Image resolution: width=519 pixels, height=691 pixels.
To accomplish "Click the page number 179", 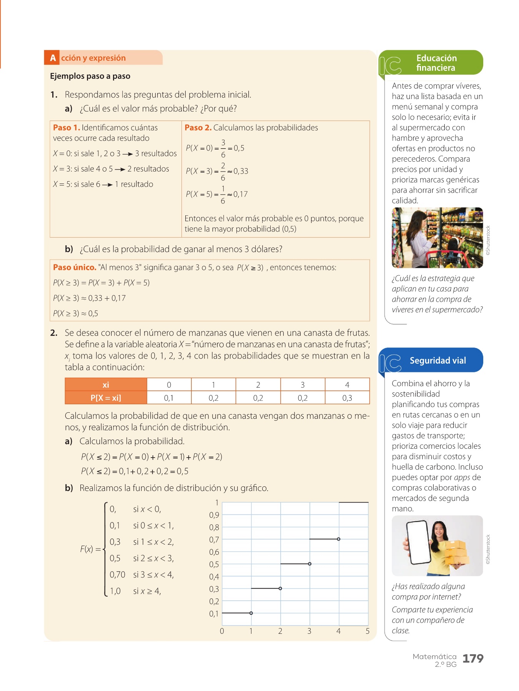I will [x=472, y=658].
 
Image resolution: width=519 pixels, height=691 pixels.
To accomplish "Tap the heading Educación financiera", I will [x=436, y=63].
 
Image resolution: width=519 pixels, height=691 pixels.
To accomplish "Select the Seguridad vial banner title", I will [x=437, y=360].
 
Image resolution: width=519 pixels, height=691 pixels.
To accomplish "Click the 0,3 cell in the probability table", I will [x=347, y=398].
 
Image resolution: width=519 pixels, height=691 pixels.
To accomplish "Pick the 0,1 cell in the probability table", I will [x=169, y=398].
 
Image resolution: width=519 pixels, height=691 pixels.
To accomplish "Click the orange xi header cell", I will [x=106, y=385].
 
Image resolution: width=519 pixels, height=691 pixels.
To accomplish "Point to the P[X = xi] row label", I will [x=106, y=398].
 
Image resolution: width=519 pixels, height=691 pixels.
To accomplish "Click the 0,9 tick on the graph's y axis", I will [x=214, y=515].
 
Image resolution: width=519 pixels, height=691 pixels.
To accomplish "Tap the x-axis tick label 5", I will [x=368, y=631].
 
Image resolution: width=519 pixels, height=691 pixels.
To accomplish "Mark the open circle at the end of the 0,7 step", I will [x=338, y=539].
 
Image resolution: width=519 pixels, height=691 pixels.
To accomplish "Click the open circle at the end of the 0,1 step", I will [x=251, y=613].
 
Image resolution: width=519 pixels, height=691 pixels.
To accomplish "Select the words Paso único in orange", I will [x=75, y=267].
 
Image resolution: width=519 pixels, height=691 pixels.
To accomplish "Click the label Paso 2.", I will [x=198, y=127].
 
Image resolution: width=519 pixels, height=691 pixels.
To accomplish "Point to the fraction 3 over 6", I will [x=223, y=149].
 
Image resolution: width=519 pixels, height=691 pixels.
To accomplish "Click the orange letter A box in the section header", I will [x=53, y=58].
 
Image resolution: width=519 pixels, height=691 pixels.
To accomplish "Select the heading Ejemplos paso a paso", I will [x=90, y=76].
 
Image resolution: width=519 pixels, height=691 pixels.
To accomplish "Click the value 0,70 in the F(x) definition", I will [x=117, y=575].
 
